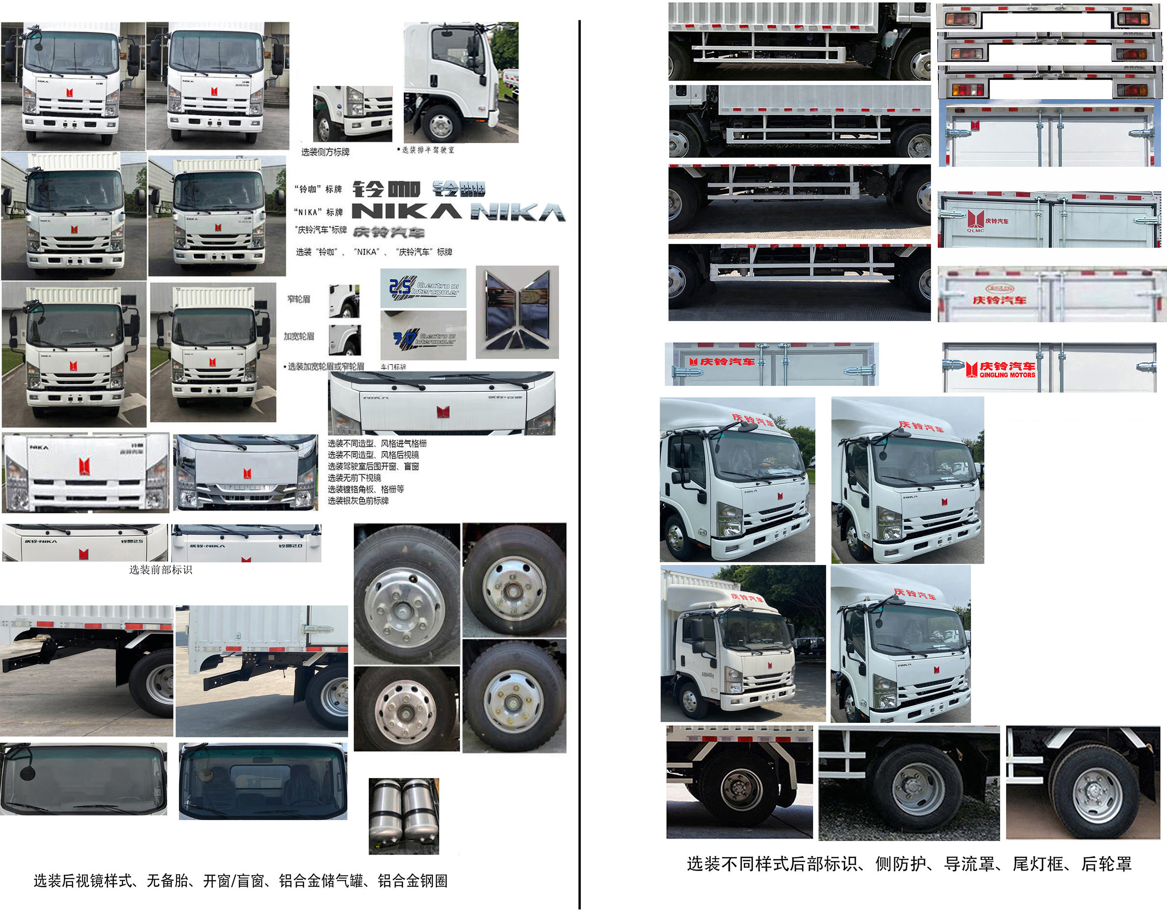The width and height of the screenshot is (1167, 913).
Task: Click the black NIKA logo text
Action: [x=407, y=212]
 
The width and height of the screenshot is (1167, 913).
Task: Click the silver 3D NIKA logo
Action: [x=518, y=213]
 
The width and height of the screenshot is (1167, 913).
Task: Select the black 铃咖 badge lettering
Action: [x=386, y=189]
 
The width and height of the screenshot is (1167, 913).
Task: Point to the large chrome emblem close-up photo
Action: [x=517, y=312]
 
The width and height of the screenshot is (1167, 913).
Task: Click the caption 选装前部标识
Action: [x=160, y=570]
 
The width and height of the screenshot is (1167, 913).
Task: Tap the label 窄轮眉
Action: [x=298, y=299]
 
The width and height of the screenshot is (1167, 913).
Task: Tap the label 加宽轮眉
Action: [x=298, y=336]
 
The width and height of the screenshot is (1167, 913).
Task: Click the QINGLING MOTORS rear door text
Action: [x=1007, y=375]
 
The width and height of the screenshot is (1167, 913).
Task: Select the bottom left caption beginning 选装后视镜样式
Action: [x=241, y=881]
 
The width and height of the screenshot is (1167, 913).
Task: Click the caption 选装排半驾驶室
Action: [x=427, y=150]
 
